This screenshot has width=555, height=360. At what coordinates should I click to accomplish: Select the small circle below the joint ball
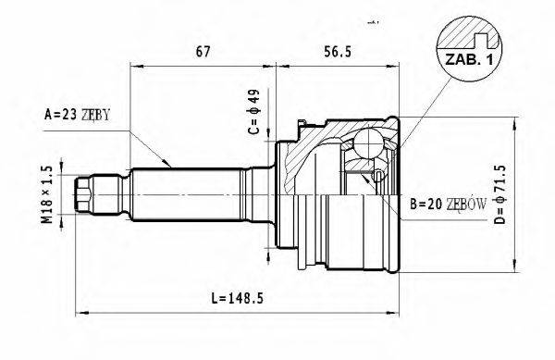click(378, 176)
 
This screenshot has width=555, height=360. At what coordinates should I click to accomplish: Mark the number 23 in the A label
click(70, 116)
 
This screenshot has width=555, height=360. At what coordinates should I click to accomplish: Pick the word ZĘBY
click(95, 116)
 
